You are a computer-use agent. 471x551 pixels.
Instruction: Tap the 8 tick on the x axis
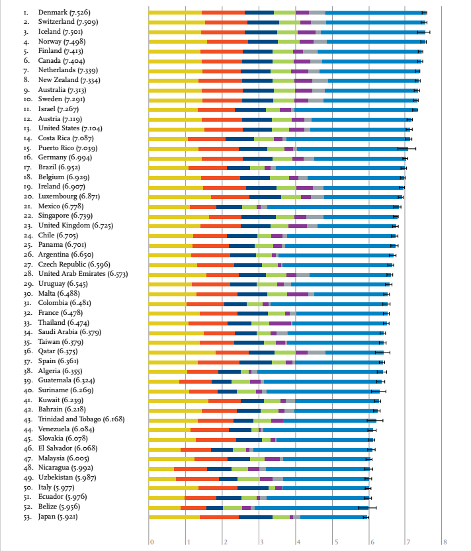click(445, 542)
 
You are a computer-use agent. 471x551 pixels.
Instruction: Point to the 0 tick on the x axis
click(151, 542)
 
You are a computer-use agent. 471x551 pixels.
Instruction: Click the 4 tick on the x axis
click(299, 542)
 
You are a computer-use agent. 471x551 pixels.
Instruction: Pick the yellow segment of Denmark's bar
click(175, 13)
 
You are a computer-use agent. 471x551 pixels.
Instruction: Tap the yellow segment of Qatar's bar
click(182, 352)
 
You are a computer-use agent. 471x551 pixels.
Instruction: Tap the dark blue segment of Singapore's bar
click(259, 216)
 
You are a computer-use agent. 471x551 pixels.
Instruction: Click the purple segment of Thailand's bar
click(280, 323)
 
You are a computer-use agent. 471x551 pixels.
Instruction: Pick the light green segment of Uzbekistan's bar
click(249, 478)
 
